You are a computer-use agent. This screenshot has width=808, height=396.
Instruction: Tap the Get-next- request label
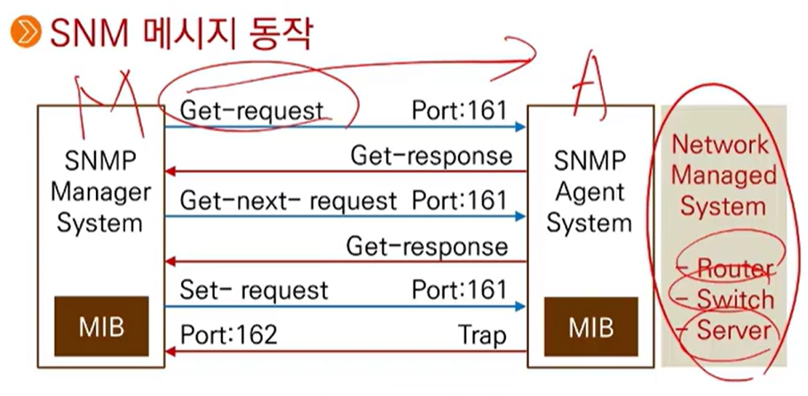[x=289, y=201]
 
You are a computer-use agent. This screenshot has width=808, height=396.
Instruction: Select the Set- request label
[x=254, y=289]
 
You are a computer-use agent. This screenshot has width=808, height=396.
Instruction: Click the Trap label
[x=482, y=335]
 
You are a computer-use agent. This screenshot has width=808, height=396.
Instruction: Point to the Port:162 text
[x=229, y=335]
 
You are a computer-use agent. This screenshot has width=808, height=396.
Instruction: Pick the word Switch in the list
[x=734, y=299]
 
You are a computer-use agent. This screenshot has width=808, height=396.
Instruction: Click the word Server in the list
[x=733, y=331]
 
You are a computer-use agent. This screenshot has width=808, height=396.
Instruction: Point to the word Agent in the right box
[x=589, y=192]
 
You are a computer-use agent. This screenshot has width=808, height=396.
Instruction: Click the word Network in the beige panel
[x=719, y=145]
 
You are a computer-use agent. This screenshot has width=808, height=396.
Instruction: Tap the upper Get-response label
[x=431, y=156]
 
